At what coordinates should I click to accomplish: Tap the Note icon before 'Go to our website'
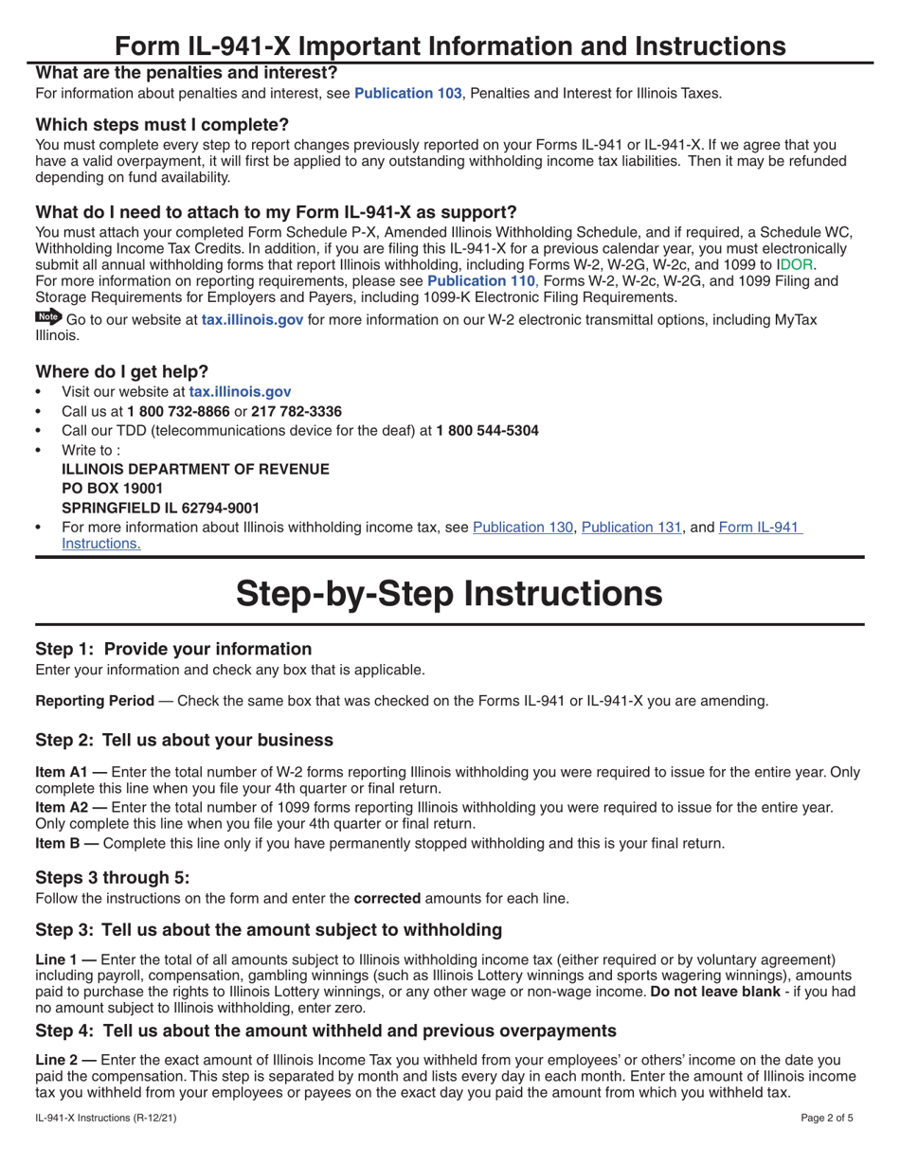(x=47, y=318)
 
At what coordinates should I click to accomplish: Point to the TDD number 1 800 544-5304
(x=487, y=431)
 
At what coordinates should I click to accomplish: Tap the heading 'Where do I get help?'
(x=122, y=370)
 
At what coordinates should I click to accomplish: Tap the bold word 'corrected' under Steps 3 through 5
(x=387, y=898)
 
